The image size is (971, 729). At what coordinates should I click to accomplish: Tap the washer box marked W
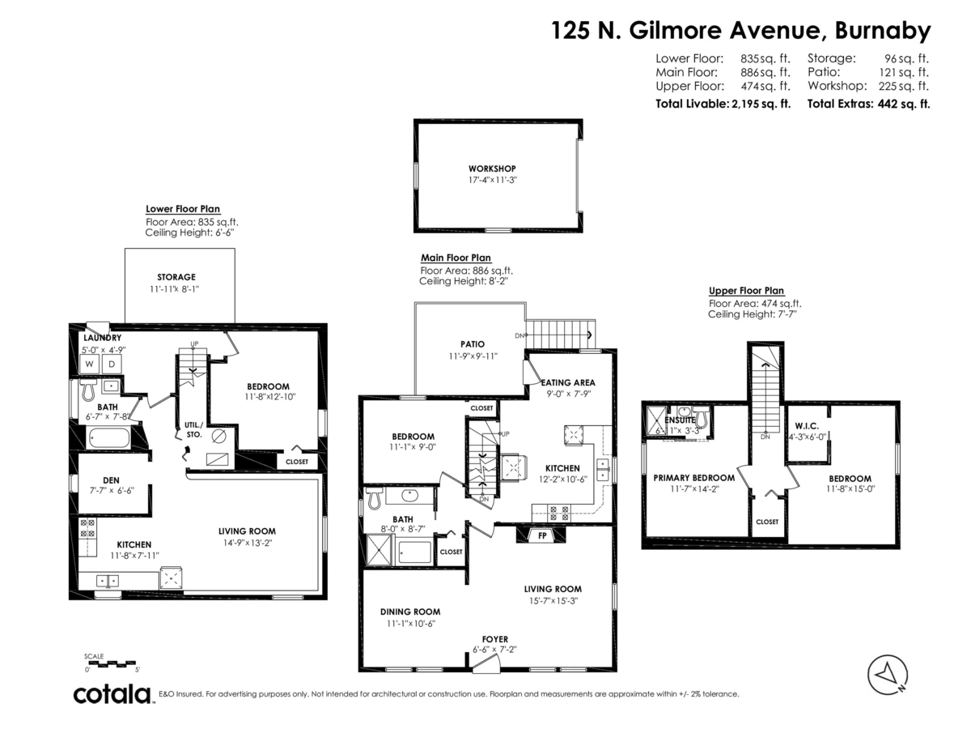(90, 364)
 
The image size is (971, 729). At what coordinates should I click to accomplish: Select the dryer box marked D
(112, 364)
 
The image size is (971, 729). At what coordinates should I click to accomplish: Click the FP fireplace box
(542, 535)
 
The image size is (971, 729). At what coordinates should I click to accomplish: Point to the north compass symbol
(888, 672)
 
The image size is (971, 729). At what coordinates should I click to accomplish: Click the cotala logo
(112, 694)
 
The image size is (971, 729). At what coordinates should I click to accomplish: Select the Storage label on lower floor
(176, 277)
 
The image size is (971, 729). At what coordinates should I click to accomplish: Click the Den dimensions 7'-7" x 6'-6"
(112, 491)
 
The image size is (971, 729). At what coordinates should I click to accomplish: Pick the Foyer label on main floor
(494, 639)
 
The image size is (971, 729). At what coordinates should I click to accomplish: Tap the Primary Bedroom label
(693, 478)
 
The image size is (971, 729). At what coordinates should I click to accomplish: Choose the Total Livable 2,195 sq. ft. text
(723, 104)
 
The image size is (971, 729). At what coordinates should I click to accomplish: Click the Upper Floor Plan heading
(746, 291)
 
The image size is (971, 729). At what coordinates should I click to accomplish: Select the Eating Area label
(568, 382)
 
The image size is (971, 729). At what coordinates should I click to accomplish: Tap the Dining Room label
(410, 612)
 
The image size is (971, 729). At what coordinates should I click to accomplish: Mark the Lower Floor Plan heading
(183, 209)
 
